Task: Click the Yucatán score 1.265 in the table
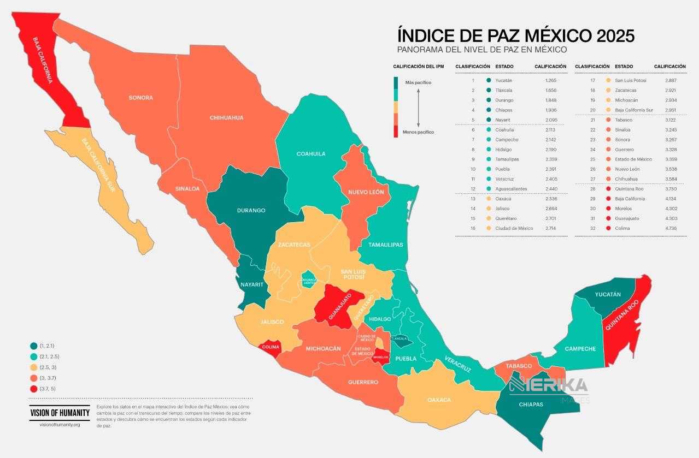tap(550, 80)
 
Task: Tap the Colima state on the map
tap(271, 347)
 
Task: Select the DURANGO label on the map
tap(251, 210)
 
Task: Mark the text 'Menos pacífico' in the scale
tap(418, 132)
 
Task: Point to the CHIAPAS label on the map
tap(531, 405)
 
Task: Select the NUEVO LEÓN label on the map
tap(366, 192)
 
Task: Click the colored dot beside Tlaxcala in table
tap(489, 90)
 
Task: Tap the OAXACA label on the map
tap(440, 400)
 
